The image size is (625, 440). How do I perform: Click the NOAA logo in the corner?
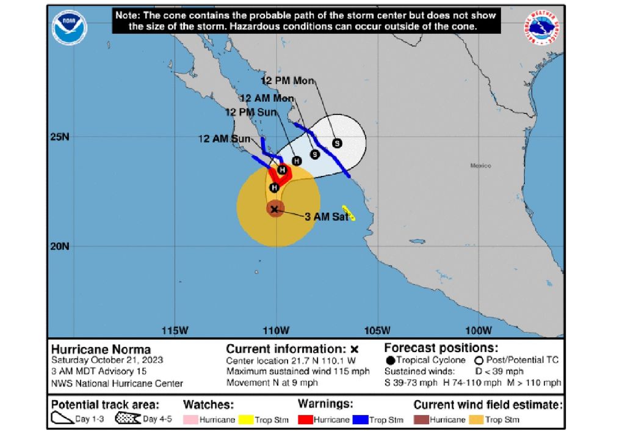(x=70, y=28)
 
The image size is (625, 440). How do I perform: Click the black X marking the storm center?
(x=275, y=209)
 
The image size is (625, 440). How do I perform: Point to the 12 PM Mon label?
(x=287, y=80)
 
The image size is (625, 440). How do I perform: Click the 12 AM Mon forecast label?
(x=267, y=98)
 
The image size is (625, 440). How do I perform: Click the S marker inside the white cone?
(x=337, y=143)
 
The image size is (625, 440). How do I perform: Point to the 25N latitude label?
(x=59, y=136)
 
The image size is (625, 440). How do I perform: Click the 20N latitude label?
(x=59, y=246)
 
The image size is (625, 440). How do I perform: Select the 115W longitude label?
(x=176, y=331)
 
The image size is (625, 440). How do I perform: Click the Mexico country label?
(x=480, y=166)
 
